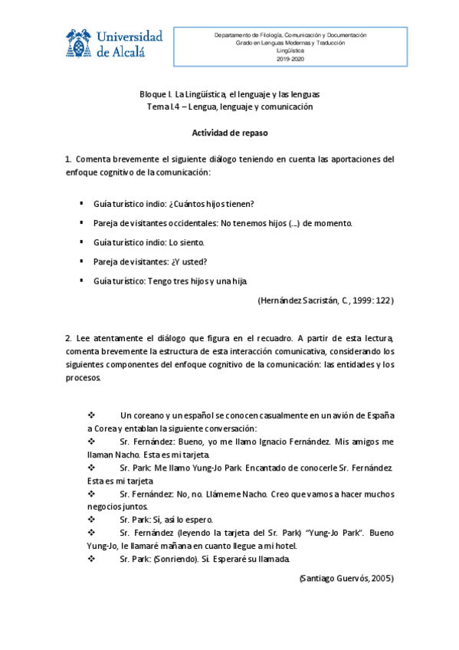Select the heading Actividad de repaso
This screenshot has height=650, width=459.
tap(229, 133)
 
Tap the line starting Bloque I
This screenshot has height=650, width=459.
tap(229, 94)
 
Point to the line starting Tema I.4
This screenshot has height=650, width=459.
tap(229, 107)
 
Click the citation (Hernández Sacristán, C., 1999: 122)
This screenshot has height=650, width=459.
tap(326, 301)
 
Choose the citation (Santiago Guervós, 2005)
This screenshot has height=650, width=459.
tap(346, 579)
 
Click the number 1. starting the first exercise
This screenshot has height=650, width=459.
tap(68, 159)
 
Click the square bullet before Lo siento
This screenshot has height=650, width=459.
tap(81, 242)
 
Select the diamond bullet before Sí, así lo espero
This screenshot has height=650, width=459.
tap(92, 519)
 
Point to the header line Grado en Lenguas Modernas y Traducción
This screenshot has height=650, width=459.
tap(290, 43)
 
